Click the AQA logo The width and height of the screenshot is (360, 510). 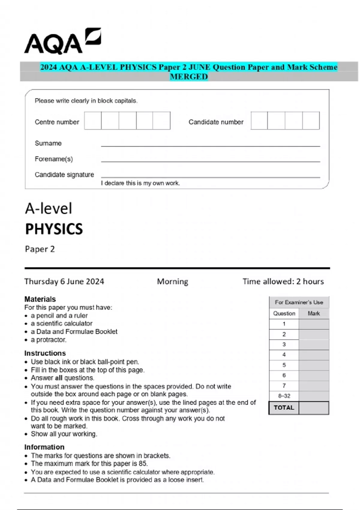point(62,42)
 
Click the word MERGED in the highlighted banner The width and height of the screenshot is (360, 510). point(189,77)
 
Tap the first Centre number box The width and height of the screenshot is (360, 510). point(93,121)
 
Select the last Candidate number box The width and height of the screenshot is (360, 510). point(311,121)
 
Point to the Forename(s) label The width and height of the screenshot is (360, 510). point(54,159)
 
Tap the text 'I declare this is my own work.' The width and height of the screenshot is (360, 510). point(140,183)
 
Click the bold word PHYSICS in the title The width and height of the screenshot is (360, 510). point(54,229)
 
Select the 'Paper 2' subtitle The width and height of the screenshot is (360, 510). point(40,249)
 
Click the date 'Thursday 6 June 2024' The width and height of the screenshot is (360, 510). point(64,282)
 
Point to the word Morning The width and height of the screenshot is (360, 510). point(172,282)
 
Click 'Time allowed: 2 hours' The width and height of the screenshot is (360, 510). point(283,282)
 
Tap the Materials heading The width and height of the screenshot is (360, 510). point(40,299)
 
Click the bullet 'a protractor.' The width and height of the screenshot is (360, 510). point(48,340)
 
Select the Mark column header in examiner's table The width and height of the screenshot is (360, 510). point(313,313)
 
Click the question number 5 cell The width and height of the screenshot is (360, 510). point(284,365)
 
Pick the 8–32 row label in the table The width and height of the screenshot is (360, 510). point(284,396)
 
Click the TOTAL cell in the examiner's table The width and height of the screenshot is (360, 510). point(284,408)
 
